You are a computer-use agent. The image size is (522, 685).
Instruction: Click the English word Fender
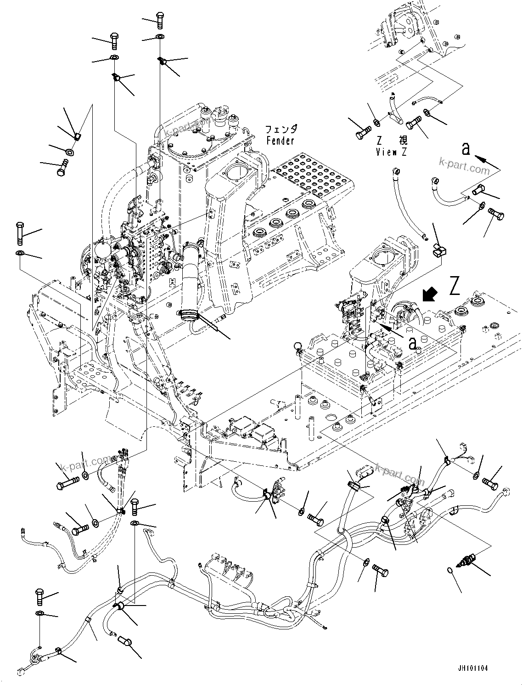pos(280,141)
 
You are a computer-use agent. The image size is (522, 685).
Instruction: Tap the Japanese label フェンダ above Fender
pos(281,130)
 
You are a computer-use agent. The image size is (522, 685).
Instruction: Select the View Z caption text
pos(391,152)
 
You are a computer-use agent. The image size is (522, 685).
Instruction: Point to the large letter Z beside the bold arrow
pos(455,286)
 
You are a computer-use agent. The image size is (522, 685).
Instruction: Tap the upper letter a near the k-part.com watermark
pos(466,148)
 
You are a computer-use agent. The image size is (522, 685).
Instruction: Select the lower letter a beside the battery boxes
pos(413,343)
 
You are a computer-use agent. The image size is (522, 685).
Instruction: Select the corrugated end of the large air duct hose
pos(190,315)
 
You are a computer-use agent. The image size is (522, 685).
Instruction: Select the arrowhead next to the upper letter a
pos(479,159)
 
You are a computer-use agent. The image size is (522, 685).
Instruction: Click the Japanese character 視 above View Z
pos(403,140)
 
